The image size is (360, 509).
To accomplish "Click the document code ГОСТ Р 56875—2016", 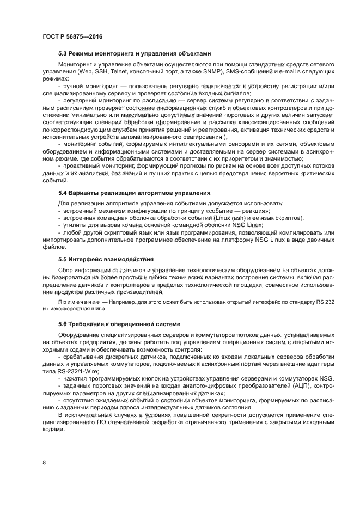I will pos(72,36).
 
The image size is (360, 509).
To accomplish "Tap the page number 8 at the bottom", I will pos(44,462).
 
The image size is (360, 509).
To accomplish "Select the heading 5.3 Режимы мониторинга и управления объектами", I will pos(133,54).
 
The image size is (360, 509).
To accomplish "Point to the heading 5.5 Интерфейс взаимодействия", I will pos(106,259).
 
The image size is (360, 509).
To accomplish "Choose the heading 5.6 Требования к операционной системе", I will pos(119,324).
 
